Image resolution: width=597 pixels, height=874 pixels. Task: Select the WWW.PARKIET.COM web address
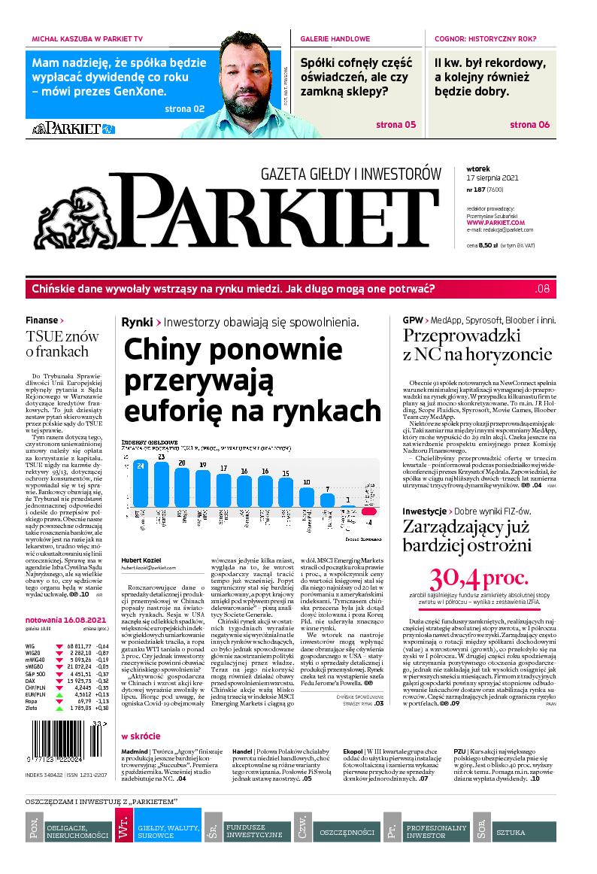click(x=495, y=223)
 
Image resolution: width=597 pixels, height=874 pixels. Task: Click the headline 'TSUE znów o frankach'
click(x=57, y=343)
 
